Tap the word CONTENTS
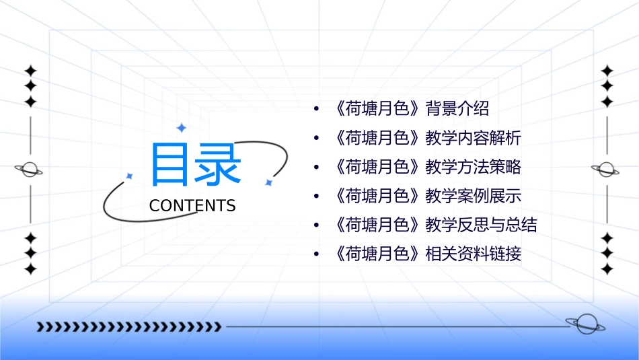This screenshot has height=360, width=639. [x=192, y=206]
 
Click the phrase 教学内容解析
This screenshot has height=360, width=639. [x=474, y=139]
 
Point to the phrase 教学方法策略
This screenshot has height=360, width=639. [x=474, y=168]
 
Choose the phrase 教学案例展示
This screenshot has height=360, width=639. [x=474, y=196]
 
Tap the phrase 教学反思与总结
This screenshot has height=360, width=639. [x=482, y=225]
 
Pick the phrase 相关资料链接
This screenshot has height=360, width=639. [x=474, y=254]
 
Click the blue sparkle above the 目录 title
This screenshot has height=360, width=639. [x=181, y=128]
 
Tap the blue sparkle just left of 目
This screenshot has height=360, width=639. [x=130, y=176]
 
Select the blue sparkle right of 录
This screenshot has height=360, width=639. [x=268, y=182]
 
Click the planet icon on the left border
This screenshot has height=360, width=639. [x=30, y=170]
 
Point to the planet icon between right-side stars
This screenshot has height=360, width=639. [x=606, y=170]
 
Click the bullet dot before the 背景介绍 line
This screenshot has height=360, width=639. [x=315, y=110]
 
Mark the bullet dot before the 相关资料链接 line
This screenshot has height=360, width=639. [x=315, y=255]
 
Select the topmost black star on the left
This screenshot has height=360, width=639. [x=30, y=71]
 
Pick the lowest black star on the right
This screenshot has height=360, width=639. [x=607, y=268]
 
